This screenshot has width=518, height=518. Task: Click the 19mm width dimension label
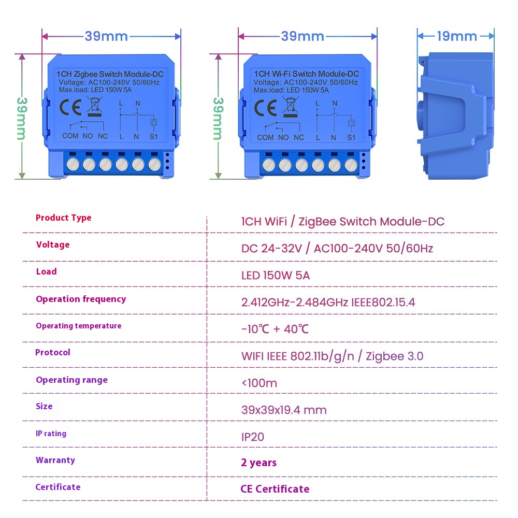pyautogui.click(x=457, y=36)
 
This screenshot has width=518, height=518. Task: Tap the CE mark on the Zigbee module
pyautogui.click(x=70, y=107)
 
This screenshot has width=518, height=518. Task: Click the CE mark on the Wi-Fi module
pyautogui.click(x=266, y=108)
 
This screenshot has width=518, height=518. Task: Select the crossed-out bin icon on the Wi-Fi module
pyautogui.click(x=291, y=107)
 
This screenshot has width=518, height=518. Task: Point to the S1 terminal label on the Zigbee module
pyautogui.click(x=154, y=136)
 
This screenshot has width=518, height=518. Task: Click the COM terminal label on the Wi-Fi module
pyautogui.click(x=265, y=137)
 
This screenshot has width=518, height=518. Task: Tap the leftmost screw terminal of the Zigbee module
pyautogui.click(x=73, y=164)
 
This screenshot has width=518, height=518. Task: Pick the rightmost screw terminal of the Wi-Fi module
pyautogui.click(x=351, y=165)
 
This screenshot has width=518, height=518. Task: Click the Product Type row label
pyautogui.click(x=63, y=218)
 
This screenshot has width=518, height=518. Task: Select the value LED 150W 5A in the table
pyautogui.click(x=276, y=275)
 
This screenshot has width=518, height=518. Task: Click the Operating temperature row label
pyautogui.click(x=79, y=326)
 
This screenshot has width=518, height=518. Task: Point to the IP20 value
pyautogui.click(x=253, y=437)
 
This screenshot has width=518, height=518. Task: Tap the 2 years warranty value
pyautogui.click(x=258, y=463)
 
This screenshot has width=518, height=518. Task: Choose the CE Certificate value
pyautogui.click(x=275, y=488)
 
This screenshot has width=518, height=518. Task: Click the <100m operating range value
pyautogui.click(x=260, y=383)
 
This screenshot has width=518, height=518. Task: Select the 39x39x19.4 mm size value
pyautogui.click(x=284, y=410)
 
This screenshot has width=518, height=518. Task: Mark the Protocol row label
pyautogui.click(x=53, y=352)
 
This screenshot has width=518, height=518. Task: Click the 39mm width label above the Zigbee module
pyautogui.click(x=106, y=36)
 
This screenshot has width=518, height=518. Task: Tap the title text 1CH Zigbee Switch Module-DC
pyautogui.click(x=110, y=74)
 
